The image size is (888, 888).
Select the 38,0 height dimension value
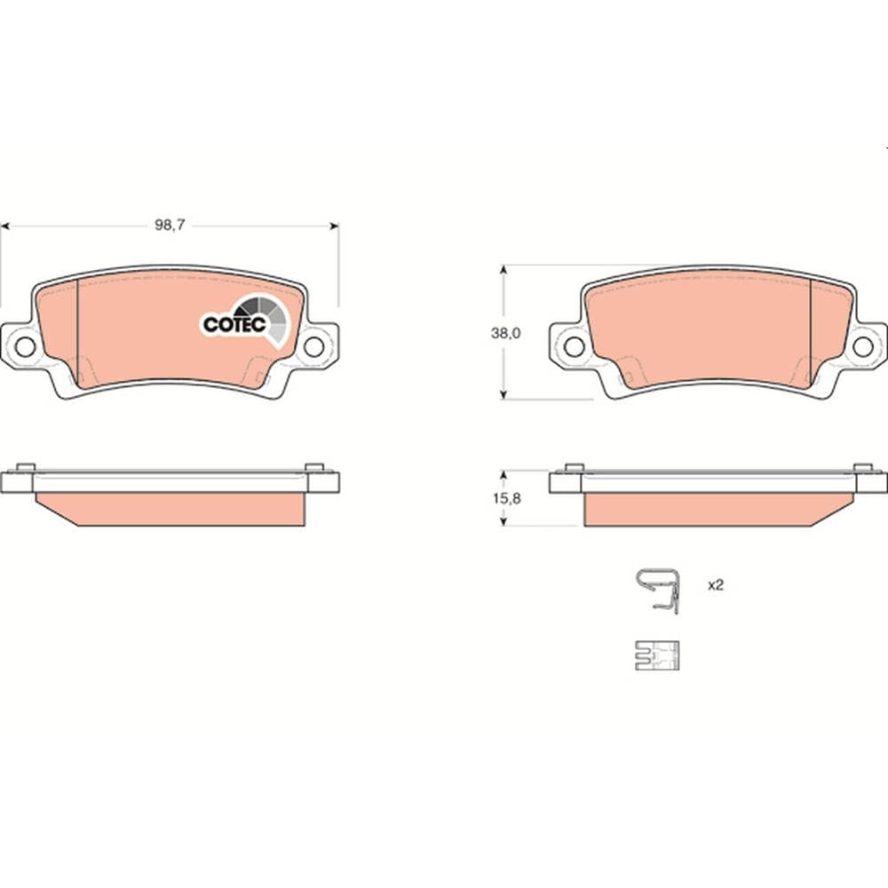[505, 334]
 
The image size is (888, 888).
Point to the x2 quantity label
[716, 586]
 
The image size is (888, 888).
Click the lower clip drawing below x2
[657, 655]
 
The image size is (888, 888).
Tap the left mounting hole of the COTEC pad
[25, 346]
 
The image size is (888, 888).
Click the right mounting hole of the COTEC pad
[314, 346]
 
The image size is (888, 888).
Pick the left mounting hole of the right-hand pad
[575, 346]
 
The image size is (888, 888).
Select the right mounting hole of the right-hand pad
[863, 346]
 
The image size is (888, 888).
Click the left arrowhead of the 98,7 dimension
[4, 226]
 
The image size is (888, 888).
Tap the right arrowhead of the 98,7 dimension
[335, 226]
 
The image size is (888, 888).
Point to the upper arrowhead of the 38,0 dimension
[504, 268]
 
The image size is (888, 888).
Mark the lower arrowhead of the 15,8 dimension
[504, 522]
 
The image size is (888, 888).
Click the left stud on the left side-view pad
[26, 466]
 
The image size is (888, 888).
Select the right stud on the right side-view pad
[862, 466]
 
